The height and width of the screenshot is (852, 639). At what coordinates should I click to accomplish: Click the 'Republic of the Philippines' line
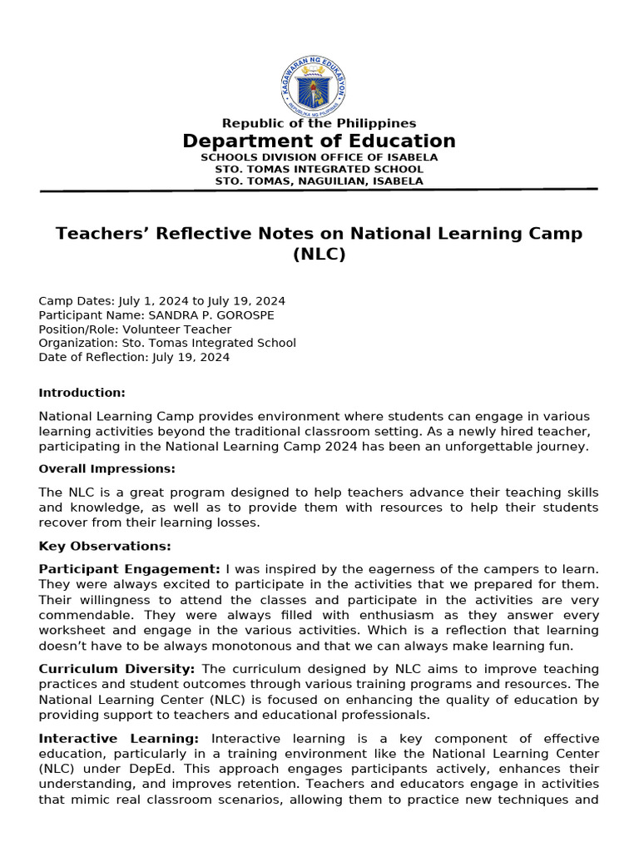click(x=319, y=124)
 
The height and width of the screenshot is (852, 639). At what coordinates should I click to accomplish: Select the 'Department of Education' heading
click(x=319, y=141)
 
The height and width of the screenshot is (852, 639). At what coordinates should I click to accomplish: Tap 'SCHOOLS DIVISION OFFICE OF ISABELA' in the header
click(x=319, y=157)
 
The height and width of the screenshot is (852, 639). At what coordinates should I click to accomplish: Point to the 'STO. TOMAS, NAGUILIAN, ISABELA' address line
click(x=319, y=181)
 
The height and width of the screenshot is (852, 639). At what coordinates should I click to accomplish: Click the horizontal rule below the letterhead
click(x=319, y=191)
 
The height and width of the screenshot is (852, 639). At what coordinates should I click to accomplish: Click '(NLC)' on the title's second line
click(x=319, y=255)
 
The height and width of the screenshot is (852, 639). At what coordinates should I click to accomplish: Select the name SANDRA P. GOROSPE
click(x=211, y=315)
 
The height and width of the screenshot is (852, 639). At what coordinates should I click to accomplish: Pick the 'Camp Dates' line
click(x=162, y=301)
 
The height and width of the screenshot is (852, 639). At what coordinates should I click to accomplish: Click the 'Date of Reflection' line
click(x=134, y=357)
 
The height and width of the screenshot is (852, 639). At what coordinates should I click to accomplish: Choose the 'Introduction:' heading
click(x=82, y=393)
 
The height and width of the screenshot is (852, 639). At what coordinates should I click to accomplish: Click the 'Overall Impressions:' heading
click(x=107, y=468)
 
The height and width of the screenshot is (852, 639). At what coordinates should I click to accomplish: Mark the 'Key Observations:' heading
click(x=105, y=546)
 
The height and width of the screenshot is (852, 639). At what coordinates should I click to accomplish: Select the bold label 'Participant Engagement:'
click(x=130, y=568)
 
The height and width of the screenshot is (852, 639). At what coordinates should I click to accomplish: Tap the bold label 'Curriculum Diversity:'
click(x=117, y=669)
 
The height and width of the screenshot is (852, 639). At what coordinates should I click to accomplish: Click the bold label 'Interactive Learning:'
click(x=119, y=738)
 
